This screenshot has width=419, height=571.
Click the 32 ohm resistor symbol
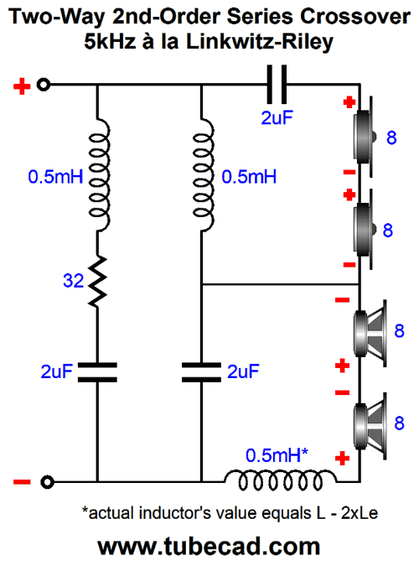click(x=97, y=281)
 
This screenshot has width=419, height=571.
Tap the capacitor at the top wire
click(x=277, y=85)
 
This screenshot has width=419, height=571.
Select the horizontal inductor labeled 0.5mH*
click(x=280, y=480)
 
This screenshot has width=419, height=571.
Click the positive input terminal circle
click(x=44, y=85)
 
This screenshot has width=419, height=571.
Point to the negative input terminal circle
click(x=47, y=482)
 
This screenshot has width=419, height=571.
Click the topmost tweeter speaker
click(x=365, y=137)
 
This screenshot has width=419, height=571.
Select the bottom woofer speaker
click(x=370, y=426)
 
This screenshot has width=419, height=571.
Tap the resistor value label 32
click(x=73, y=281)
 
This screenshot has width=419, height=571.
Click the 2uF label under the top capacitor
click(x=277, y=117)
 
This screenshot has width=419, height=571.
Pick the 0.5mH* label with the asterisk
click(x=277, y=455)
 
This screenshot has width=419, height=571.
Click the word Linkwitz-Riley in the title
click(x=260, y=42)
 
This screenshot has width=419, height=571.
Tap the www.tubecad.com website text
click(x=209, y=546)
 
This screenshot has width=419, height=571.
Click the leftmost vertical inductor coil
click(x=99, y=174)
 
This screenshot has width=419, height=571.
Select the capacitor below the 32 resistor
click(x=97, y=371)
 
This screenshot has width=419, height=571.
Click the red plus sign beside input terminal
click(x=22, y=86)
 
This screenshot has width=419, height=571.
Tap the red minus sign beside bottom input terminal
click(x=22, y=482)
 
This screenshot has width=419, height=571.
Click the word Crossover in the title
click(x=355, y=17)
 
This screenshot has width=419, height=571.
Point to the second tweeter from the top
click(x=365, y=230)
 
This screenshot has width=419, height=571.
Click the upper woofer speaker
click(x=370, y=333)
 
